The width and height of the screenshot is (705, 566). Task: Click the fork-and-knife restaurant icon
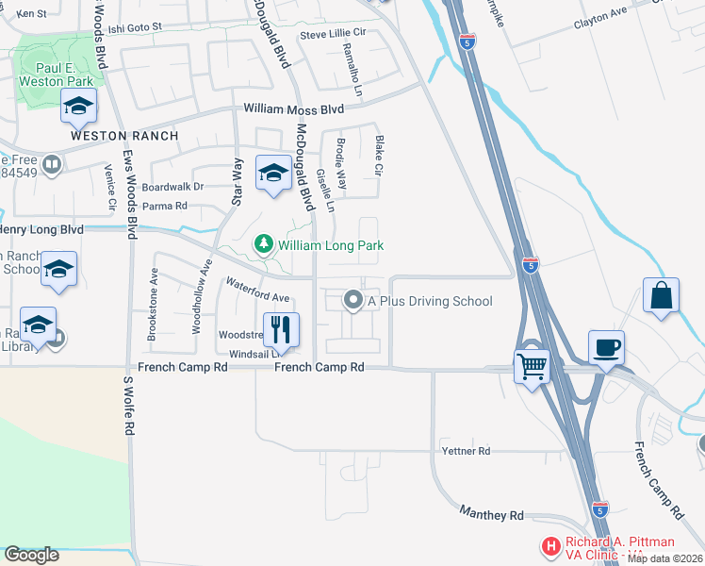pos(281,330)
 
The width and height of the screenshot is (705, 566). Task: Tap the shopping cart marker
pos(533,364)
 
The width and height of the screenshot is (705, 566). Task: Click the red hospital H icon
pos(550,546)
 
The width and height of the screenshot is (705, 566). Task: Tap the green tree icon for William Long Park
pos(264,245)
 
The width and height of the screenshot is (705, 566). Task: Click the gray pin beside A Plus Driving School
pos(353,301)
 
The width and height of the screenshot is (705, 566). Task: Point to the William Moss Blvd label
pos(293,109)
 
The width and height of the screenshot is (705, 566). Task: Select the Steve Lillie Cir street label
pos(332,35)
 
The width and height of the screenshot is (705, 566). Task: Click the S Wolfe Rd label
pos(129,405)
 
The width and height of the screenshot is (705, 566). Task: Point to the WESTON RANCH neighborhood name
pos(123,136)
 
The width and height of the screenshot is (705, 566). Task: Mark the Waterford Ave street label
pos(256,289)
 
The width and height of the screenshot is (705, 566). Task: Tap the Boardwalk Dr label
pos(172,187)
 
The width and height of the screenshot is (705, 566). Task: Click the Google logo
pos(32,555)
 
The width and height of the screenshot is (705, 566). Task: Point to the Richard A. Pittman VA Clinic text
pos(620,548)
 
